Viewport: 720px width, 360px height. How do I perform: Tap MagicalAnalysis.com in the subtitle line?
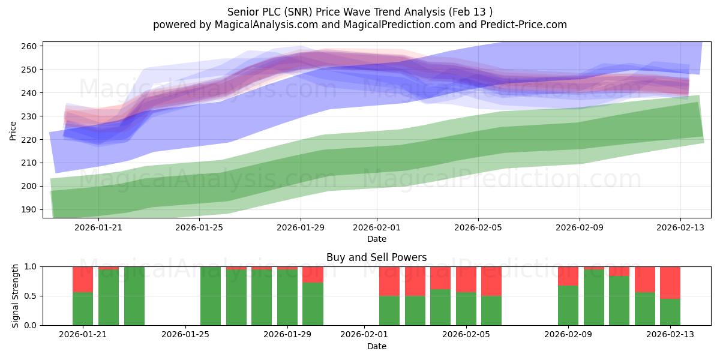[x=266, y=25]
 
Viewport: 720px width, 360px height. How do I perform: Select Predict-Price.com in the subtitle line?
[x=524, y=25]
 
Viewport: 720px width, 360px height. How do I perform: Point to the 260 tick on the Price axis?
[x=29, y=46]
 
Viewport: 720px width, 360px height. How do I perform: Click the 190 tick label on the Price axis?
[x=29, y=209]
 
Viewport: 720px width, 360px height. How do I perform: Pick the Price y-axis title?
[x=13, y=131]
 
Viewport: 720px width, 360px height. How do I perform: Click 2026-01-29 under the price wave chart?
[x=301, y=227]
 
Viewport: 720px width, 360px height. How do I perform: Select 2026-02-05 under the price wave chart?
[x=478, y=227]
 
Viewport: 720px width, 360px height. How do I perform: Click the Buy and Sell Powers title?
[x=376, y=257]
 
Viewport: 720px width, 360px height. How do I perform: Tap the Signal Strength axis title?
[x=15, y=296]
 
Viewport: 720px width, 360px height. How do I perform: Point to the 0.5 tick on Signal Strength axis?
[x=31, y=296]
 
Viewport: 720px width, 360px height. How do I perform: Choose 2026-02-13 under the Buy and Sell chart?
[x=670, y=335]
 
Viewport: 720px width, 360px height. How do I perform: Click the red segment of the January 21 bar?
[x=83, y=280]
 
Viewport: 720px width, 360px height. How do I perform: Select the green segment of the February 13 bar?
[x=670, y=312]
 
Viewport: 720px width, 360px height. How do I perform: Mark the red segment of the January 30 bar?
[x=313, y=275]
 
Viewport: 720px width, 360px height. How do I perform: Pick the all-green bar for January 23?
[x=134, y=296]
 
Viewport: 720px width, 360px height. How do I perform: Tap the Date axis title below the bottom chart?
[x=377, y=346]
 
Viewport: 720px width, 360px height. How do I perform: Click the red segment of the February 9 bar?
[x=568, y=276]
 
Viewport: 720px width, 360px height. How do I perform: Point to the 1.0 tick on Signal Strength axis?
[x=31, y=267]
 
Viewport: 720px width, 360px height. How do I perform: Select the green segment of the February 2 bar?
[x=389, y=311]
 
